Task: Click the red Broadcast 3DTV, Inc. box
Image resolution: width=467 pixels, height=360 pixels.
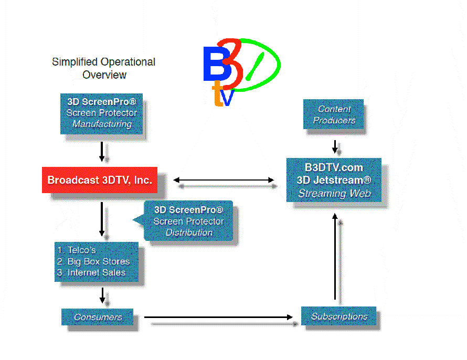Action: [x=100, y=180]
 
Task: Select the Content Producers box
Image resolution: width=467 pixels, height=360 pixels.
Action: [x=334, y=114]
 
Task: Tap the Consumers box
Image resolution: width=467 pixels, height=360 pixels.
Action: [x=98, y=317]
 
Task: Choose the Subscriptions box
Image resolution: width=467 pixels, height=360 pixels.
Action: [x=339, y=316]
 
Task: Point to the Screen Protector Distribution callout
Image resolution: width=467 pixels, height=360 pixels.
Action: [x=188, y=221]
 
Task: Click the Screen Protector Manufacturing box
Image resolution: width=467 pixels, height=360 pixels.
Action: [x=102, y=113]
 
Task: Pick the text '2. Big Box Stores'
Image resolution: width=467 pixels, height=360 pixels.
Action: [x=93, y=261]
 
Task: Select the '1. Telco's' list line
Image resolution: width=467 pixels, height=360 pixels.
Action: [x=77, y=250]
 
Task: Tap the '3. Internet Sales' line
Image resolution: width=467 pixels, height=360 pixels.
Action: [x=91, y=272]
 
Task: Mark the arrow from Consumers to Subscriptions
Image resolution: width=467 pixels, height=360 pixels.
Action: [x=218, y=317]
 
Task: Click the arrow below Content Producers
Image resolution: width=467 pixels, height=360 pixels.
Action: [x=334, y=146]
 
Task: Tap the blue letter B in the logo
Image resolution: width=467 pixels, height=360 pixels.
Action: [x=214, y=65]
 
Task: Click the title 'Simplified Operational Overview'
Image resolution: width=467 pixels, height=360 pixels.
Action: [x=104, y=68]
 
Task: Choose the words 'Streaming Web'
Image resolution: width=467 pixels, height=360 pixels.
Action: [x=334, y=193]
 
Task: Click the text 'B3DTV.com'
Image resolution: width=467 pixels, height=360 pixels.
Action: [x=334, y=167]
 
